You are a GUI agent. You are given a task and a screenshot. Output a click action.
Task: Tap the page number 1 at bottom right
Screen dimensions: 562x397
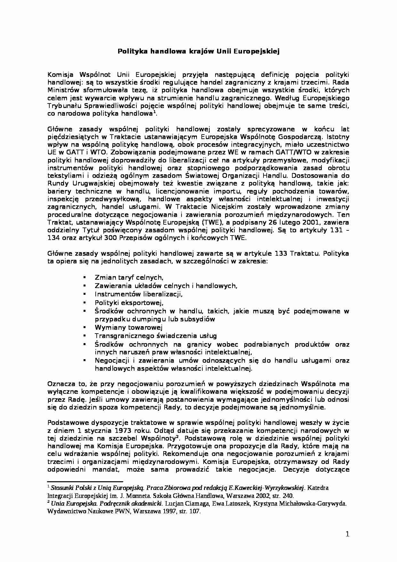point(348,534)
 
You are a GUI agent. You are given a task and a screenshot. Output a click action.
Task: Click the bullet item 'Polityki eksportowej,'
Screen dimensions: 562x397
point(129,302)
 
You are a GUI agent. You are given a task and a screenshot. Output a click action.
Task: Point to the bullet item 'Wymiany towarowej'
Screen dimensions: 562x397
point(129,327)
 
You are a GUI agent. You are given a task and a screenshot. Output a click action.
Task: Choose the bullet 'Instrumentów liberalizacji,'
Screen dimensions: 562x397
point(138,294)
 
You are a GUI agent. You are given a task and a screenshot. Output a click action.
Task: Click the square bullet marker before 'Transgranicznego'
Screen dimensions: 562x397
point(85,336)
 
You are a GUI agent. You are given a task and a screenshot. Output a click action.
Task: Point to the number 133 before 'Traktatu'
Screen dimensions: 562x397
point(281,253)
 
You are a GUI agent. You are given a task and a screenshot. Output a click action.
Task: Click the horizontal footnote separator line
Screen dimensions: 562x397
point(85,481)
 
